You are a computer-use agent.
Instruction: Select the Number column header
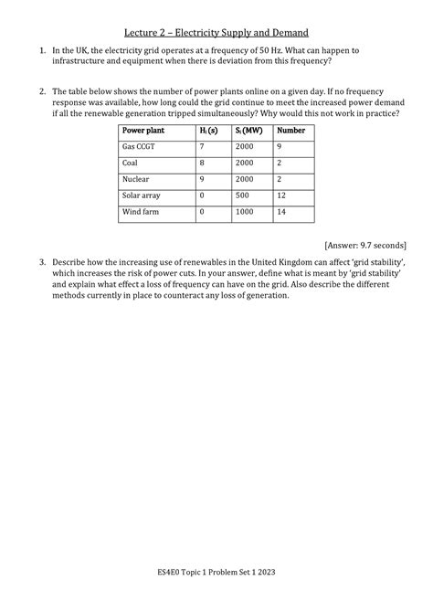click(290, 131)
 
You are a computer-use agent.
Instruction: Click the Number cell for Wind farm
click(281, 212)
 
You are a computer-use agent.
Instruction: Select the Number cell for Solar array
click(280, 195)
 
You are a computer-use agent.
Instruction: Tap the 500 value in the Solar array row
click(242, 195)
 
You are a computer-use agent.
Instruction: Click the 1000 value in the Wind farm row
click(244, 212)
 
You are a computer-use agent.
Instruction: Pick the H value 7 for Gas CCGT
click(200, 147)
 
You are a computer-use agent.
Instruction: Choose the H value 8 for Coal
click(200, 164)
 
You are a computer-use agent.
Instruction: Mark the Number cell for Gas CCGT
click(279, 147)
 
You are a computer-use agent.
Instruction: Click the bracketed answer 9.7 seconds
click(365, 244)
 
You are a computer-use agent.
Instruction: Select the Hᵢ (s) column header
click(207, 131)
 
